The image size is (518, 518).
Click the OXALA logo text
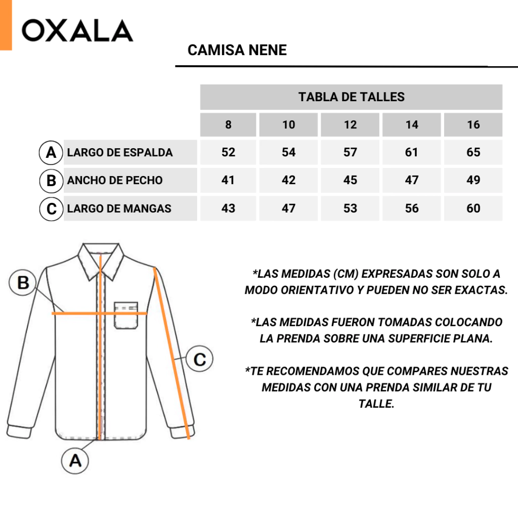click(x=77, y=31)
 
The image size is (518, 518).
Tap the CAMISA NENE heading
click(x=237, y=50)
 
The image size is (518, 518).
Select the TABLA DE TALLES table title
click(x=352, y=97)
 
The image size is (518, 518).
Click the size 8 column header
click(x=228, y=124)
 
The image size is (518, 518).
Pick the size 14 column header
click(x=412, y=124)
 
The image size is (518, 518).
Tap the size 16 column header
click(x=473, y=124)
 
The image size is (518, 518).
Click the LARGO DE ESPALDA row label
click(x=120, y=152)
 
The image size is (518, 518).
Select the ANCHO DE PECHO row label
click(x=115, y=181)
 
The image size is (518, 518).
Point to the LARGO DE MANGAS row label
click(x=119, y=208)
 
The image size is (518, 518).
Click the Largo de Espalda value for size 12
click(x=350, y=152)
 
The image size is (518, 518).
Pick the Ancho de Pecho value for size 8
click(x=228, y=180)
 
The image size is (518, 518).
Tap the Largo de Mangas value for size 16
click(x=473, y=208)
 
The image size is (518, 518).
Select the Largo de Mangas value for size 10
click(x=288, y=208)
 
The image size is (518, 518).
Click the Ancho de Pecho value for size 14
click(x=412, y=180)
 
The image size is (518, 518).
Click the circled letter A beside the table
click(x=51, y=153)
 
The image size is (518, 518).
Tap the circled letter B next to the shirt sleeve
click(x=23, y=282)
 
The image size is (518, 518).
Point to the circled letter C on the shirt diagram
click(x=199, y=359)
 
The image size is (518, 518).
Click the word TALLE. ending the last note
click(x=376, y=404)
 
